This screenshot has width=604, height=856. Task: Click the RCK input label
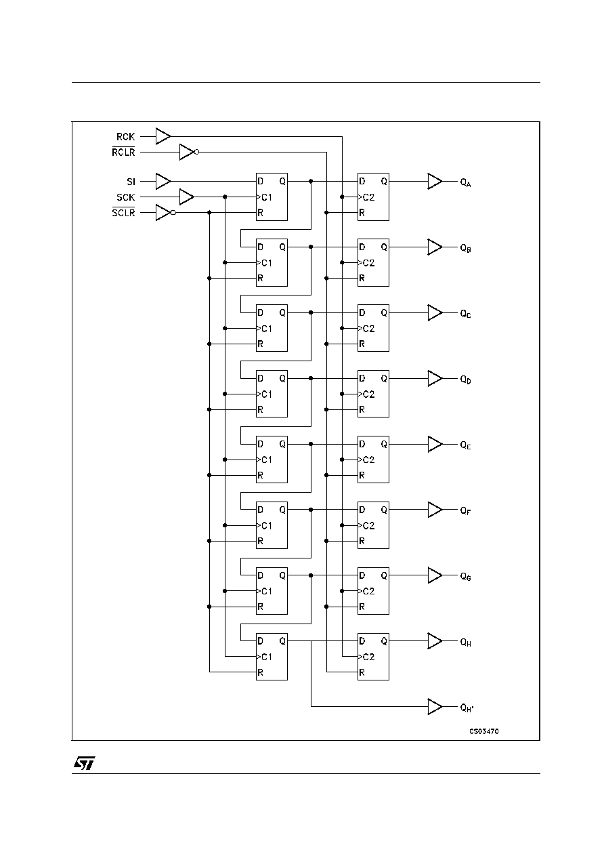click(126, 136)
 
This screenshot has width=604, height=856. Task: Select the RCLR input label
click(123, 152)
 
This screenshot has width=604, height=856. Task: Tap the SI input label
click(131, 182)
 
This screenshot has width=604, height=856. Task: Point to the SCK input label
click(126, 197)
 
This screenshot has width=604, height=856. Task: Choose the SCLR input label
click(123, 212)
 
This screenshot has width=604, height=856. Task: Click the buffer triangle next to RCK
click(163, 136)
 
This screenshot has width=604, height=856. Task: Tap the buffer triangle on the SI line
click(163, 182)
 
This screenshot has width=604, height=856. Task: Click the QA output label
click(465, 183)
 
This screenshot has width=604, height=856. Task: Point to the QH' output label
click(467, 708)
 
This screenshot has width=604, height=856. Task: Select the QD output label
click(465, 380)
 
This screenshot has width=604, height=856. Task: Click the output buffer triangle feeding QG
click(435, 575)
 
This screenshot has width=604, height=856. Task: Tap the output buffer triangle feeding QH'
click(435, 707)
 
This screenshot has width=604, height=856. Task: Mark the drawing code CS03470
click(484, 731)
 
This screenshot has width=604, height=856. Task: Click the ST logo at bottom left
click(85, 763)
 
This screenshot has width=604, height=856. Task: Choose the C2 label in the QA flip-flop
click(368, 197)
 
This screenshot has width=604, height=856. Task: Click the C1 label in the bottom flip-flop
click(267, 657)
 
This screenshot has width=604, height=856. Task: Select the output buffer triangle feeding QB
click(435, 247)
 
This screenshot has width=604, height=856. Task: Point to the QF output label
click(465, 511)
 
